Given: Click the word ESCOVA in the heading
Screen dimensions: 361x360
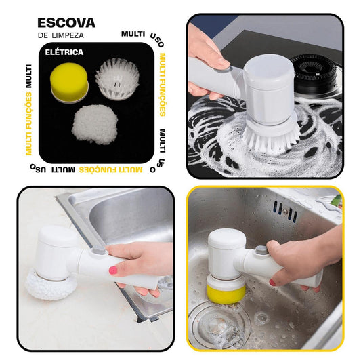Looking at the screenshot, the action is tap(66, 23).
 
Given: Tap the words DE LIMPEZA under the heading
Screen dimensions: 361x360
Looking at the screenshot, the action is tap(61, 35).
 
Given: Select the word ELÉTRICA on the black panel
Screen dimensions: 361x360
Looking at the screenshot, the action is tap(64, 52).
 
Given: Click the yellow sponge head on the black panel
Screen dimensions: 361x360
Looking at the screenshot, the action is tap(69, 83).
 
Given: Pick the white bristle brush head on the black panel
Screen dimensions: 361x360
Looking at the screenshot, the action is tap(117, 79).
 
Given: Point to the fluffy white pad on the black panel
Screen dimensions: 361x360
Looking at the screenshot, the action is tap(95, 125).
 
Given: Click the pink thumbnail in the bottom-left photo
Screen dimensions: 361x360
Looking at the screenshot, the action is tap(113, 270).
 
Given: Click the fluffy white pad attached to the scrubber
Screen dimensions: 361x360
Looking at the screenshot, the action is tap(51, 285).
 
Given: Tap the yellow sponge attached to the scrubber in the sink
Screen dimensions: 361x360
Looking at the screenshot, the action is tap(226, 294).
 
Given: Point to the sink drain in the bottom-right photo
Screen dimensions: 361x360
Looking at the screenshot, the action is tap(219, 325).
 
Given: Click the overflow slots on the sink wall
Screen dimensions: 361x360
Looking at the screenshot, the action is tap(285, 211).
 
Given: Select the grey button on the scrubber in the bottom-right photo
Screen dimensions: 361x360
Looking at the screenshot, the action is tap(262, 251).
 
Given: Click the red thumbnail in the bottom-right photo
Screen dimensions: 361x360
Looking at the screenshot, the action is tap(272, 282).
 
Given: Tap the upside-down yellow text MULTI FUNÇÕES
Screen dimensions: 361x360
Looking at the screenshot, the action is tap(111, 170).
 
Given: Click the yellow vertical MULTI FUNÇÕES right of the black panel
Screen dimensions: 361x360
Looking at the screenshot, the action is tap(163, 85).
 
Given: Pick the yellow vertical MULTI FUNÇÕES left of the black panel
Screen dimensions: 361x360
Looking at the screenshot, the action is tap(28, 123).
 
